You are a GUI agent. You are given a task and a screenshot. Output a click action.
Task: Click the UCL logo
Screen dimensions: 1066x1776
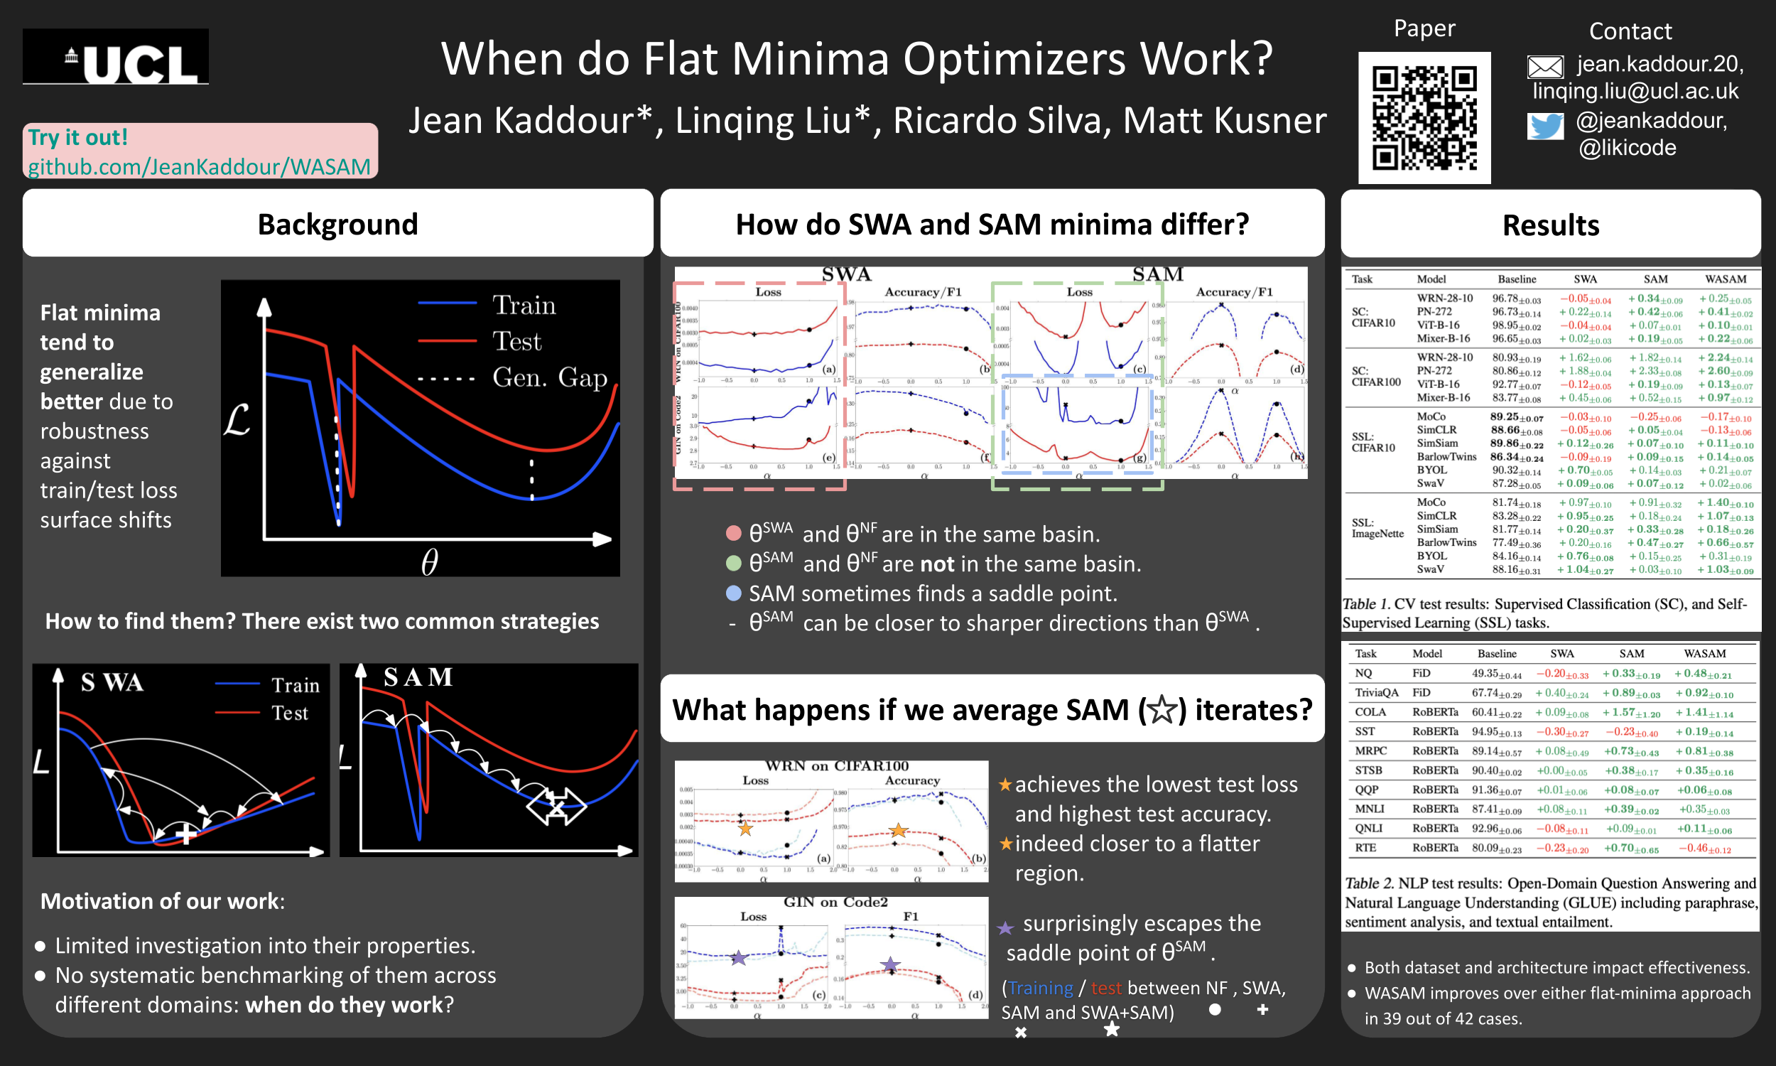pos(116,58)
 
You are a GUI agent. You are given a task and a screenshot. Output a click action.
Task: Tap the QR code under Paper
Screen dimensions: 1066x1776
pos(1424,118)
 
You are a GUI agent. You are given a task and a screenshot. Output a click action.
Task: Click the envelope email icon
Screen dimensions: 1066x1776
pos(1545,67)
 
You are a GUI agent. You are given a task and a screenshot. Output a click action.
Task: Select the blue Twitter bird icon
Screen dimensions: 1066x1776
pos(1545,126)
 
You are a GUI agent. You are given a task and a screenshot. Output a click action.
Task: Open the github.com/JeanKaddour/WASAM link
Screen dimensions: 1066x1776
pos(199,167)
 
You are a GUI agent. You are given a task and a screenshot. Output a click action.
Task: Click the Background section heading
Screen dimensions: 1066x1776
pos(337,224)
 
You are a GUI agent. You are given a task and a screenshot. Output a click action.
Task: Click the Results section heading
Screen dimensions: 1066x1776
pos(1550,225)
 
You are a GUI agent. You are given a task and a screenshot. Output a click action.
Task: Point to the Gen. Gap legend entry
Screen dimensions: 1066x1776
pos(548,377)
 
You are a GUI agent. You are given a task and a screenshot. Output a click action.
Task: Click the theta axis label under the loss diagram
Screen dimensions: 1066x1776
pos(429,561)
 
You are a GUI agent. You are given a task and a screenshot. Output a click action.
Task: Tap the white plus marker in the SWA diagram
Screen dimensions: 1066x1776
pos(186,834)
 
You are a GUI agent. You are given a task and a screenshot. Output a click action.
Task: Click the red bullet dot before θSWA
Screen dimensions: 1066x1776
pos(733,534)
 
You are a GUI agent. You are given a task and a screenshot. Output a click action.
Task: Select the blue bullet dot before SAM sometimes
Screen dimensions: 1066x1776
pos(733,593)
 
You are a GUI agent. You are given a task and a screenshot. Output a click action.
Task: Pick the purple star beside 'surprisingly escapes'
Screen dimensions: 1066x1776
pos(1005,928)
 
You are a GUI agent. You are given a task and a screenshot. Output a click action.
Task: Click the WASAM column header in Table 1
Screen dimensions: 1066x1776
pos(1725,279)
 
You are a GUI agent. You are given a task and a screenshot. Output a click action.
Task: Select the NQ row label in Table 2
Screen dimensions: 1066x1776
pos(1363,673)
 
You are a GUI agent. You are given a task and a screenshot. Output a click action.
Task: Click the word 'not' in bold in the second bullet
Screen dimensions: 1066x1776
pos(937,564)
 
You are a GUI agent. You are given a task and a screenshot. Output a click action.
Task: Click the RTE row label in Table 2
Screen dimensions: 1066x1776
pos(1365,848)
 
